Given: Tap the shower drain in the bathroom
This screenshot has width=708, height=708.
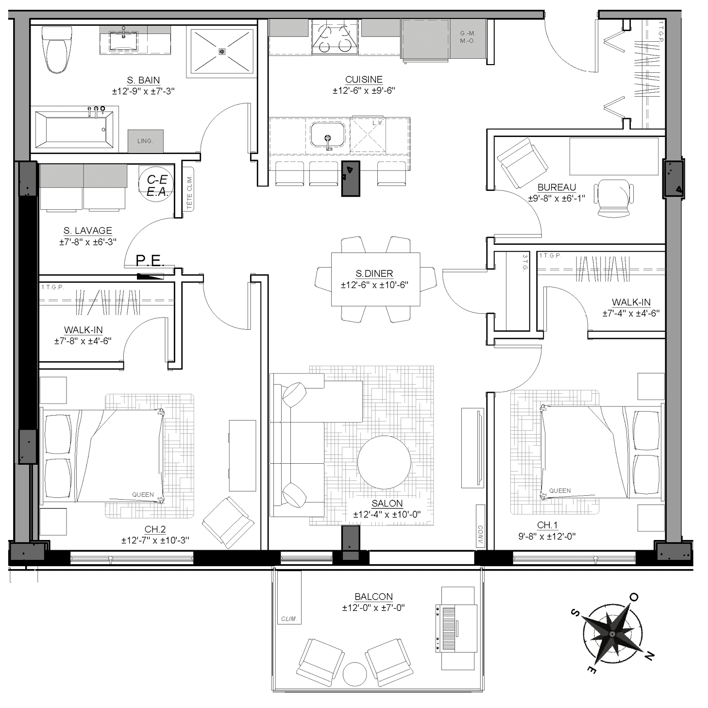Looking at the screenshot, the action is coord(221,51).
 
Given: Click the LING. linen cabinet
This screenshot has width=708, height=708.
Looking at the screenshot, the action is coord(146,141).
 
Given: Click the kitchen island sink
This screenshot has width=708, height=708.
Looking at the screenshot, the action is coord(328,135).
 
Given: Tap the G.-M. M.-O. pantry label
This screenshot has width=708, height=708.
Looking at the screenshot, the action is coord(468,37).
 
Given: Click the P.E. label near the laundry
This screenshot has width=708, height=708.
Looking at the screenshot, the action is coord(150,260).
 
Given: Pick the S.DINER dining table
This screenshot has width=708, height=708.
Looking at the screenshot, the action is coord(375,279).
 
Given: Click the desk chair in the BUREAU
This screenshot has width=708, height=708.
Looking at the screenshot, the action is coord(615,198).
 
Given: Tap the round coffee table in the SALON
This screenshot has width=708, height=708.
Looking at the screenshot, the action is coord(384,462).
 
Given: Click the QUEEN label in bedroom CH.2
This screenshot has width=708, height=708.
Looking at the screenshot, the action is coord(143,495).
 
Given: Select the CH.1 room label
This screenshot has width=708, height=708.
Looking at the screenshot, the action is coord(547,525).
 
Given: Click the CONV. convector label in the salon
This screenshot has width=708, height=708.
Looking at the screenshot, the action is coord(480,535).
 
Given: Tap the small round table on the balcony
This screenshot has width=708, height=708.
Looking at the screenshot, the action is coord(355,674).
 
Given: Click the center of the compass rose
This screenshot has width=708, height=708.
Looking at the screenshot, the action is coord(612,635).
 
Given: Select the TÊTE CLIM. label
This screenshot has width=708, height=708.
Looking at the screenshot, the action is coord(189,193).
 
